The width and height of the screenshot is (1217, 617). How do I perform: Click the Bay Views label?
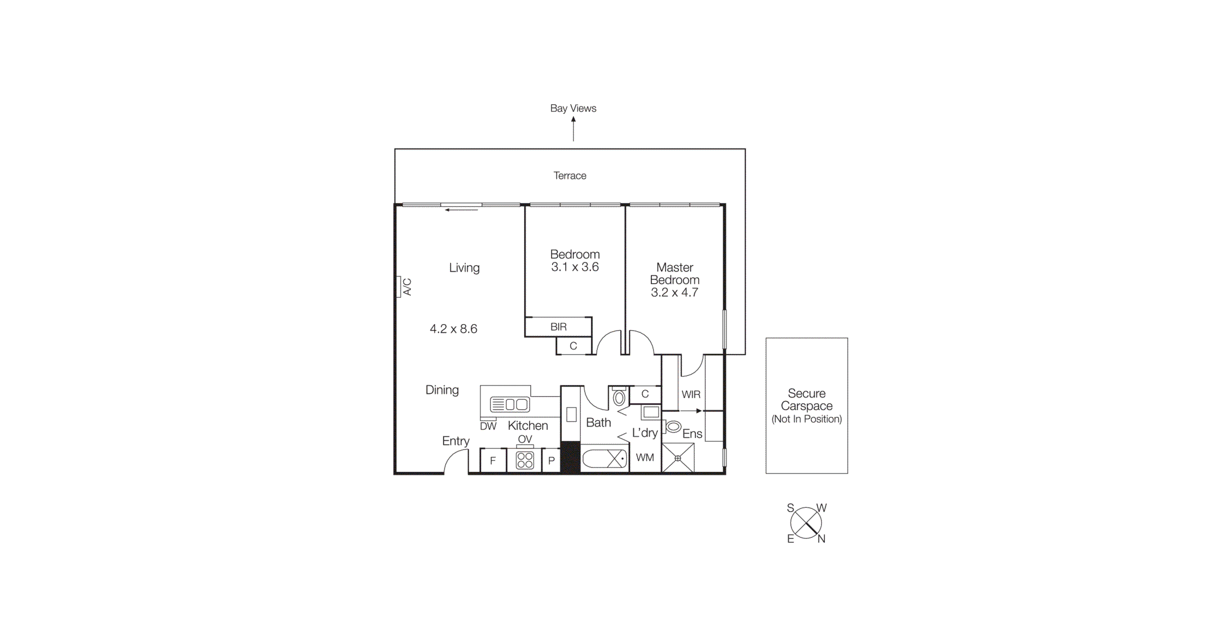point(573,108)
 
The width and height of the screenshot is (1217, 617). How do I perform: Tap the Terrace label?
point(569,176)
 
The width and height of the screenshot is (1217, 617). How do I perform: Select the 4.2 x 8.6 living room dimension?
point(453,329)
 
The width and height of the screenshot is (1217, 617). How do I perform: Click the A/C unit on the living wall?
point(399,287)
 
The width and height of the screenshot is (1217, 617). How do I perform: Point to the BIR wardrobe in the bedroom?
point(558,327)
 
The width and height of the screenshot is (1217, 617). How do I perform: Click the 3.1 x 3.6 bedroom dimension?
point(574,267)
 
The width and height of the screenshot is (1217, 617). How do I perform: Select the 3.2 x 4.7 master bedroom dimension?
point(674,292)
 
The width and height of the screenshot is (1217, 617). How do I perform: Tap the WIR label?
point(691,394)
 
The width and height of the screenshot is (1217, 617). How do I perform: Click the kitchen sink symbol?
point(509,404)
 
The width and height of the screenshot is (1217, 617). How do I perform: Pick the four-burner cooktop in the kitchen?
point(525,460)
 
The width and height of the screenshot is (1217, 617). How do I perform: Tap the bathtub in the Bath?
point(604,459)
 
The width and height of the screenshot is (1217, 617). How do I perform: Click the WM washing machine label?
point(645,458)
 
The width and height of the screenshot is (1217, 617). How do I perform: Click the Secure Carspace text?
point(806,400)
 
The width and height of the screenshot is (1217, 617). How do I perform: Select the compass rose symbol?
point(806,523)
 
